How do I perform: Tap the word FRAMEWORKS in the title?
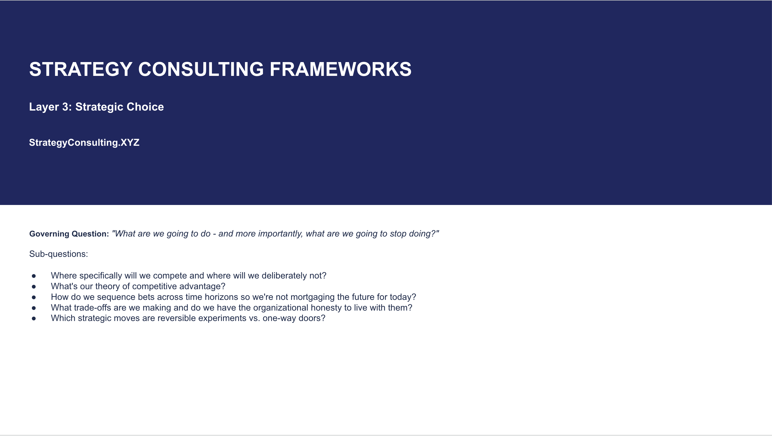pyautogui.click(x=340, y=69)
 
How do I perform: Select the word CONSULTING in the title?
pyautogui.click(x=201, y=69)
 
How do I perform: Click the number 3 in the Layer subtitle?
pyautogui.click(x=66, y=107)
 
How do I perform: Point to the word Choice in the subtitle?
pyautogui.click(x=145, y=107)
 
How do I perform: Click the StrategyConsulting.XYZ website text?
pyautogui.click(x=84, y=142)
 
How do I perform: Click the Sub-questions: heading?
pyautogui.click(x=58, y=254)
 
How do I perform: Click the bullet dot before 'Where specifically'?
pyautogui.click(x=34, y=276)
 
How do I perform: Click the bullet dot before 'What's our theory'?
pyautogui.click(x=34, y=287)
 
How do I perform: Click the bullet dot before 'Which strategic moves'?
pyautogui.click(x=34, y=318)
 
